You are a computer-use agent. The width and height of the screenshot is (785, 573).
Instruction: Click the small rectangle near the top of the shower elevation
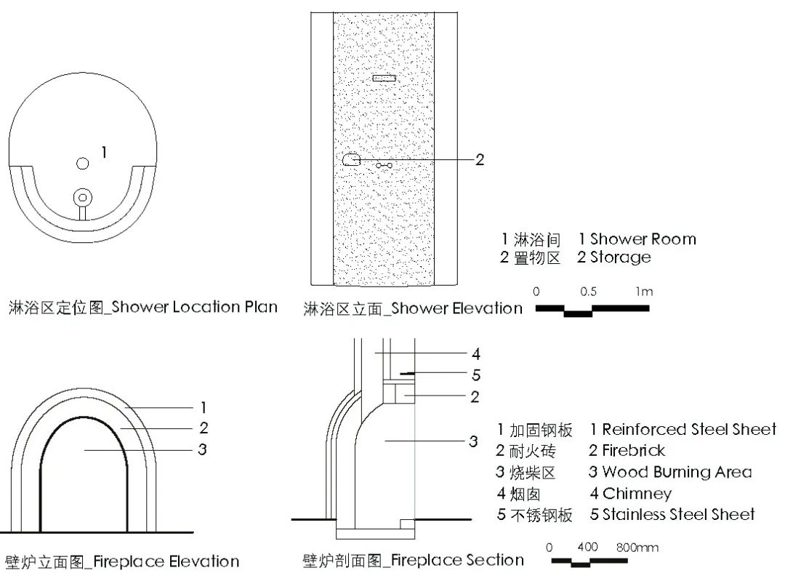pos(384,78)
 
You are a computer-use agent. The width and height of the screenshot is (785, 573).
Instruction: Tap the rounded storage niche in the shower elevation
pos(352,159)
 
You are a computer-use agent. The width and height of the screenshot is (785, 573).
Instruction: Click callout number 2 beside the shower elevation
pos(480,160)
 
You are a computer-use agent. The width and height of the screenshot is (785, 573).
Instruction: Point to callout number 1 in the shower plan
pos(104,152)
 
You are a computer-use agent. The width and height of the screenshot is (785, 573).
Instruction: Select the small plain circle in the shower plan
pos(83,164)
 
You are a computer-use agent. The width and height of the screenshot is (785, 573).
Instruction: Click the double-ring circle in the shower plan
pos(83,197)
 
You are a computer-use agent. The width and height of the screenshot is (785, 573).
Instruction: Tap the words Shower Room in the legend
pos(643,239)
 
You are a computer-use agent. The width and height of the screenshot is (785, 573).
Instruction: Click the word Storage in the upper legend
pos(621,257)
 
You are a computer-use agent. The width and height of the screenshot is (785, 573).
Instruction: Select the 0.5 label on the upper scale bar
pos(588,292)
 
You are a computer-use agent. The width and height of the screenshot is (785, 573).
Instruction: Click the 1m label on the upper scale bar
pos(644,292)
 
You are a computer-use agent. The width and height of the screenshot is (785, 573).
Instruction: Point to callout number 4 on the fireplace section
pos(476,354)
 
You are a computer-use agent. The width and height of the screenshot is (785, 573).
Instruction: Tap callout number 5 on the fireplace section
pos(476,374)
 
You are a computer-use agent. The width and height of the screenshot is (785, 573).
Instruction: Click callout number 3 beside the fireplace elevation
pos(202,449)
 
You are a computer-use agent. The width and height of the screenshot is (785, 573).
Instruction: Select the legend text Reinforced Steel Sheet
pos(689,429)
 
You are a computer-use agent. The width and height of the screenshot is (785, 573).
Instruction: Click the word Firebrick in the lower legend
pos(633,451)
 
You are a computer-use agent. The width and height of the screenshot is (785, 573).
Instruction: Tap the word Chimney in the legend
pos(637,494)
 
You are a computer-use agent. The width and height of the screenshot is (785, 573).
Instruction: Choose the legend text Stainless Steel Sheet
pos(678,514)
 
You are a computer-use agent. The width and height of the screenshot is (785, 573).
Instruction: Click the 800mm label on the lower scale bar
pos(637,548)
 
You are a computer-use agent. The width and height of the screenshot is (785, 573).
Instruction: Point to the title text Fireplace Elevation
pos(166,561)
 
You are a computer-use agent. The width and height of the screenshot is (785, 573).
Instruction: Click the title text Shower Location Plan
pos(194,307)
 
